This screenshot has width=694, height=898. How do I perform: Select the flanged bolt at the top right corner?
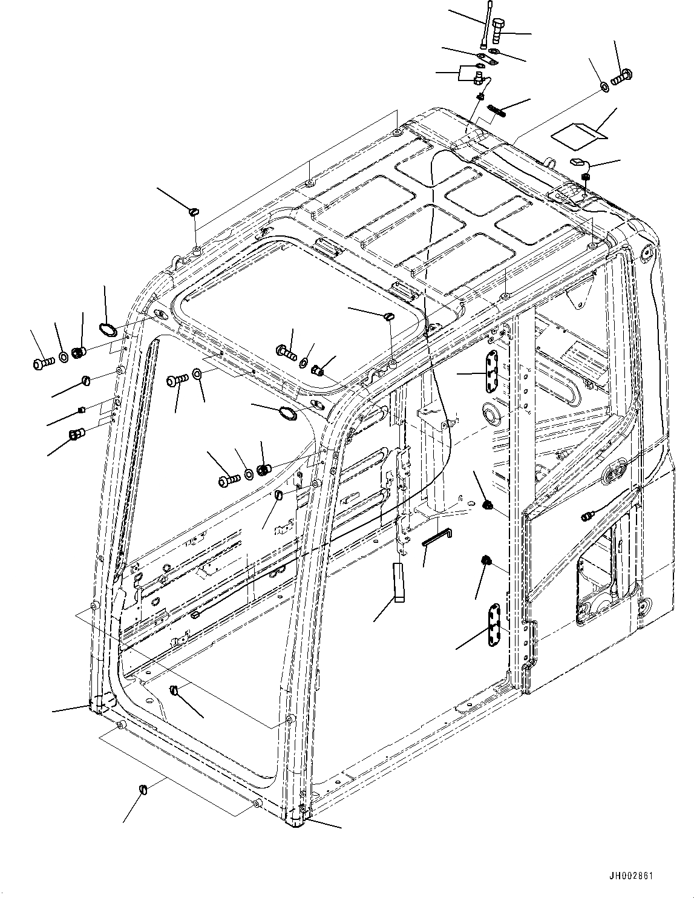(x=621, y=77)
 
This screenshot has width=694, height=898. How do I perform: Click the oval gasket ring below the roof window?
(x=286, y=414)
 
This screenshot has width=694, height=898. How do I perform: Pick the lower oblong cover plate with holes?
(x=495, y=624)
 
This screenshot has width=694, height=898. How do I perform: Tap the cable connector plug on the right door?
(x=586, y=517)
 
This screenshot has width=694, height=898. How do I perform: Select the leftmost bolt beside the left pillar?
(x=42, y=363)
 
